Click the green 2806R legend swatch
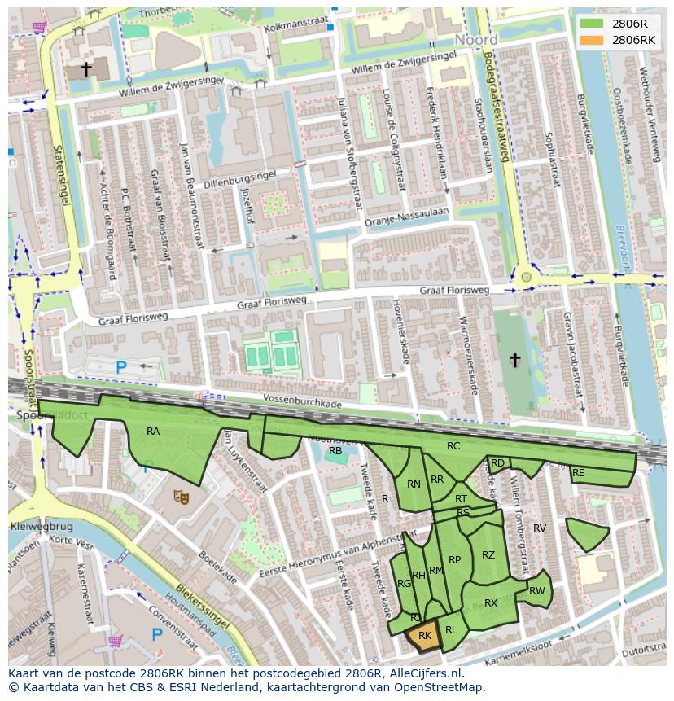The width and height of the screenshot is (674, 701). [x=592, y=24]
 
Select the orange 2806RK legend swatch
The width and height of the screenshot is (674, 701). [x=592, y=40]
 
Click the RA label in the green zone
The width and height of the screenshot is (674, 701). [x=153, y=432]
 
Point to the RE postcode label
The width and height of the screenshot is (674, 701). [x=578, y=473]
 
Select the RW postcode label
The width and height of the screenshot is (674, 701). [x=536, y=591]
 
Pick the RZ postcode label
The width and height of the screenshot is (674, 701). [x=488, y=555]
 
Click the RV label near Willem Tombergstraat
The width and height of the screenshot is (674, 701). [x=539, y=528]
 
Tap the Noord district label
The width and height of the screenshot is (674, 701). [x=476, y=40]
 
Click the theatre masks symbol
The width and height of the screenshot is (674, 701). [x=179, y=494]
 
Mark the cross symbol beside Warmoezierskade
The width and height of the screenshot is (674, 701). [x=514, y=359]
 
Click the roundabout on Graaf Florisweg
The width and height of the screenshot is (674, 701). [x=526, y=278]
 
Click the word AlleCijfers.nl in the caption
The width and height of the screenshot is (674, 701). [x=423, y=673]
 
